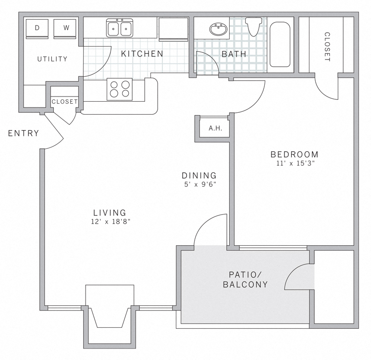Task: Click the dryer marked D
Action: point(37,28)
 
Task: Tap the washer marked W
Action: point(66,28)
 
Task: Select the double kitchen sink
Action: point(120,28)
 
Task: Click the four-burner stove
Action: point(120,88)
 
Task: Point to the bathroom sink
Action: point(219,29)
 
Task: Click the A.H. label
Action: point(215,128)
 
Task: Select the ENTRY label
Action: point(24,133)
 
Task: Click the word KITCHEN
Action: point(142,54)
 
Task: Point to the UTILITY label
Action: point(52,59)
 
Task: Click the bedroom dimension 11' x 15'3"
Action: point(295,163)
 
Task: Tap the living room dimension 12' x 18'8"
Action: point(110,221)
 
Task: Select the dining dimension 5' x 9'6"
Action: point(199,184)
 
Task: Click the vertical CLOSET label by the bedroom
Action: point(327,47)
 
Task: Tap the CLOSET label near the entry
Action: point(64,102)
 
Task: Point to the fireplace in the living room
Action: point(110,312)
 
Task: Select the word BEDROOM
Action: point(295,155)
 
